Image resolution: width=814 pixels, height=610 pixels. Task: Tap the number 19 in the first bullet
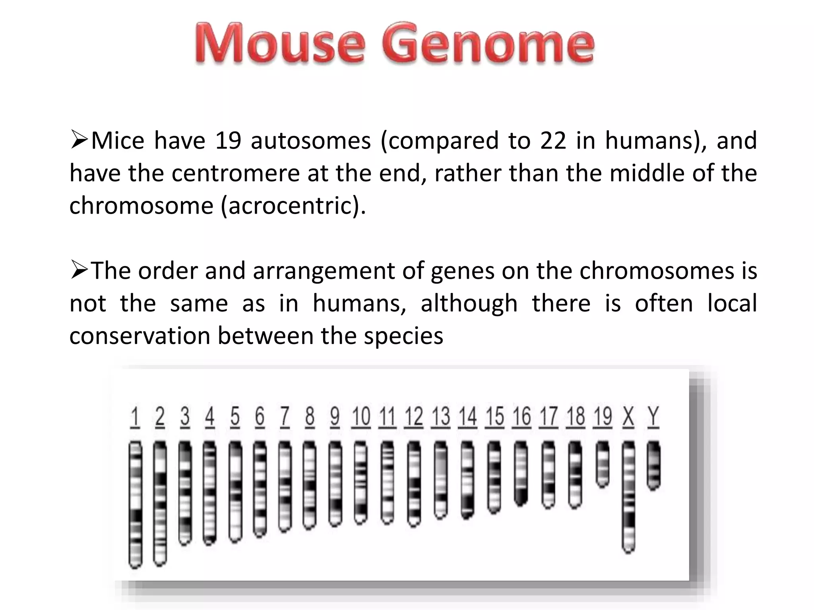click(228, 141)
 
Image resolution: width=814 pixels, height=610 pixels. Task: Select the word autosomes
click(311, 141)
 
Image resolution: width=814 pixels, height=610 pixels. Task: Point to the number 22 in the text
click(553, 141)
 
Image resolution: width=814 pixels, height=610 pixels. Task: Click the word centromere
click(236, 174)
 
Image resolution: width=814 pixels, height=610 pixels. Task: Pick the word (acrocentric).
click(293, 206)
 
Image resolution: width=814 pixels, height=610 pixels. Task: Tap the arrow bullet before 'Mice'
click(79, 140)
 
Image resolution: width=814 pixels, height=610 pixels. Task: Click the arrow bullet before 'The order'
click(79, 270)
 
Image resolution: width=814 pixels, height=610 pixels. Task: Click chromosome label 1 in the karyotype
click(135, 417)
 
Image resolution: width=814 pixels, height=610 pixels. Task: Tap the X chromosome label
click(628, 417)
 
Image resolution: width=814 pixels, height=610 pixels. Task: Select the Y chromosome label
click(653, 417)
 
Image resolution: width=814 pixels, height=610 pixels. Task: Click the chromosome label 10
click(361, 417)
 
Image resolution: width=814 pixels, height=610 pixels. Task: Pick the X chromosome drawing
click(628, 496)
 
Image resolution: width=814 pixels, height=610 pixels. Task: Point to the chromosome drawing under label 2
click(160, 502)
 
